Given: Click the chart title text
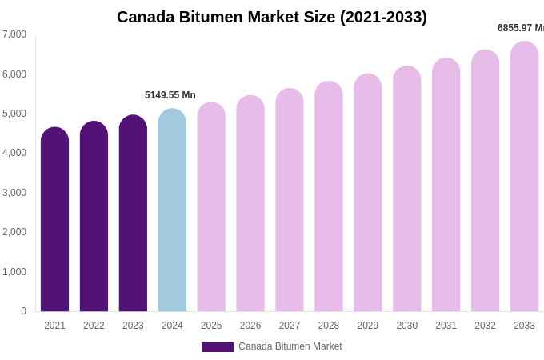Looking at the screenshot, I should [x=272, y=17].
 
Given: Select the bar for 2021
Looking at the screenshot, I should [x=54, y=220].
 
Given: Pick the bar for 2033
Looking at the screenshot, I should [x=524, y=177].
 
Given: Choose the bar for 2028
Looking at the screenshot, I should [x=329, y=197].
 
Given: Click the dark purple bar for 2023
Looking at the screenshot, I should [x=133, y=214].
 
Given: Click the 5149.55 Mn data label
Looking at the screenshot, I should [x=170, y=95].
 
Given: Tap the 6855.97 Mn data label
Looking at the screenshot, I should [x=521, y=28].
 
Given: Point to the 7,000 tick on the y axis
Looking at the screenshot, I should [x=14, y=34].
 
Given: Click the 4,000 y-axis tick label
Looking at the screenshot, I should [x=14, y=153].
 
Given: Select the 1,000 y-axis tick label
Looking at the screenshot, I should [x=14, y=272].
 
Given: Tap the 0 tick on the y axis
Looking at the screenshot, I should [x=23, y=311].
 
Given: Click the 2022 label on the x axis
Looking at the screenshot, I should [x=94, y=326].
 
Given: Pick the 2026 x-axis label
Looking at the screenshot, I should [x=250, y=326].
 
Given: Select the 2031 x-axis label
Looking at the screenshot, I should [x=446, y=326].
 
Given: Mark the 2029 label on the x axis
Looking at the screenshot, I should [x=368, y=326].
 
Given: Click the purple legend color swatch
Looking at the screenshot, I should [x=218, y=347].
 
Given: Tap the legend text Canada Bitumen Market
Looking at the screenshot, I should [x=290, y=346].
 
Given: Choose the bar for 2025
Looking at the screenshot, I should [x=211, y=207].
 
